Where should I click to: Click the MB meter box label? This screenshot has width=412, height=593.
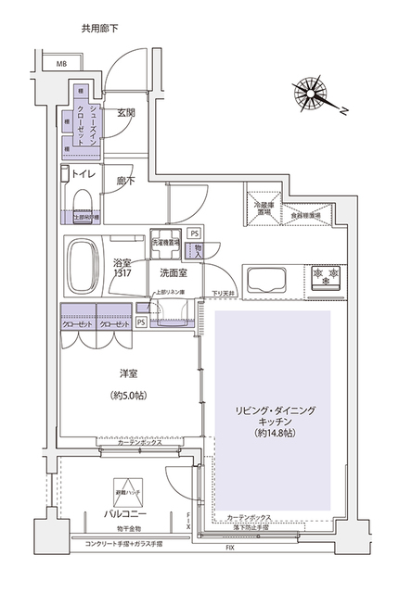tap(61, 64)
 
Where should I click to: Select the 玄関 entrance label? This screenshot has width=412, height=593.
tap(125, 114)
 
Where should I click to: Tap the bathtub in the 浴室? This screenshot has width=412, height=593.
tap(84, 265)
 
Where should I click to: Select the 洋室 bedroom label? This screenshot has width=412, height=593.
tap(128, 373)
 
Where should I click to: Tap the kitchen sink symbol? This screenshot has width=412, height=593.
tap(269, 277)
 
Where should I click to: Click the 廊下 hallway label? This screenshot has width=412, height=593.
tap(126, 183)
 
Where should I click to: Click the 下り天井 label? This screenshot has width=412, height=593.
tap(224, 295)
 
